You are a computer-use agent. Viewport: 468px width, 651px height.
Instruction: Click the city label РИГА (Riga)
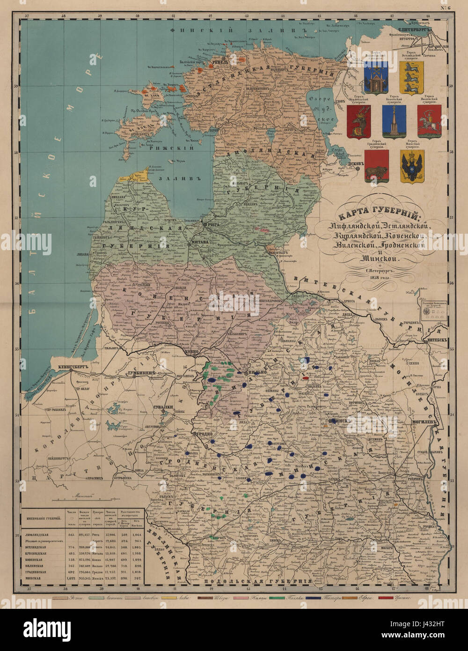point(214,225)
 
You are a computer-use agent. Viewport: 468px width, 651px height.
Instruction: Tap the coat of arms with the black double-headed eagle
point(412,166)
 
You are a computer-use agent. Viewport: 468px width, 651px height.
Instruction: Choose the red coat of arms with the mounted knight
point(429,121)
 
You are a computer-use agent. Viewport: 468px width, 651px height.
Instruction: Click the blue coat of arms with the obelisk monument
point(394,121)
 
